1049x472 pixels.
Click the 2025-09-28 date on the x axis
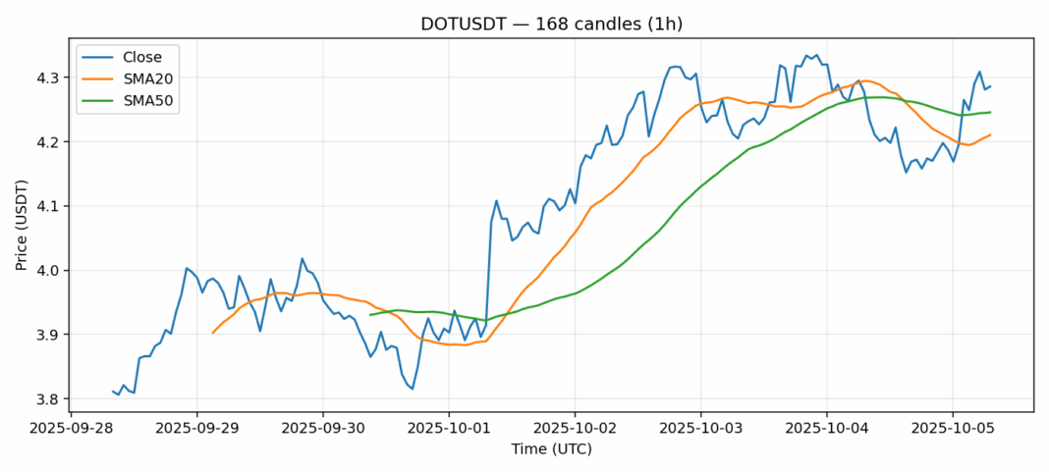tap(71, 428)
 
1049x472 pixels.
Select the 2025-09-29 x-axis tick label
tap(196, 428)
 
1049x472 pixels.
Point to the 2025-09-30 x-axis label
tap(322, 428)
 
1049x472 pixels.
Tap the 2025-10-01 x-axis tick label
tap(449, 428)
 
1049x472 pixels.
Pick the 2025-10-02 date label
tap(575, 428)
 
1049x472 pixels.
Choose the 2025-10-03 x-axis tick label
tap(700, 428)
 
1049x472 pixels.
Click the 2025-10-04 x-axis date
tap(826, 428)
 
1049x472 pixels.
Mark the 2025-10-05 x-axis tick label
tap(952, 428)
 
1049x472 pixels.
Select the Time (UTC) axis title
tap(551, 448)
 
